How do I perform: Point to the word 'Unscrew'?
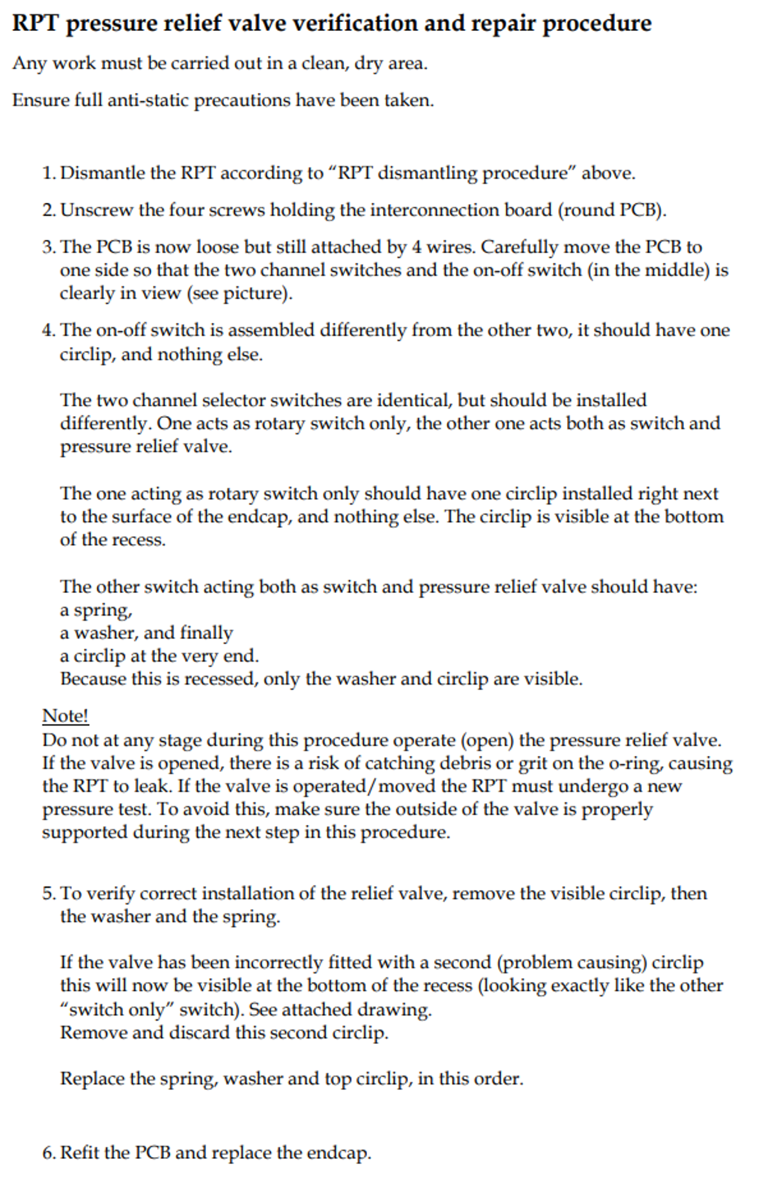click(96, 211)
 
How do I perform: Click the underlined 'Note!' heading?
click(65, 716)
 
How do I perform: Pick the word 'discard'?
click(199, 1033)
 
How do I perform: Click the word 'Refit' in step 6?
click(79, 1153)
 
